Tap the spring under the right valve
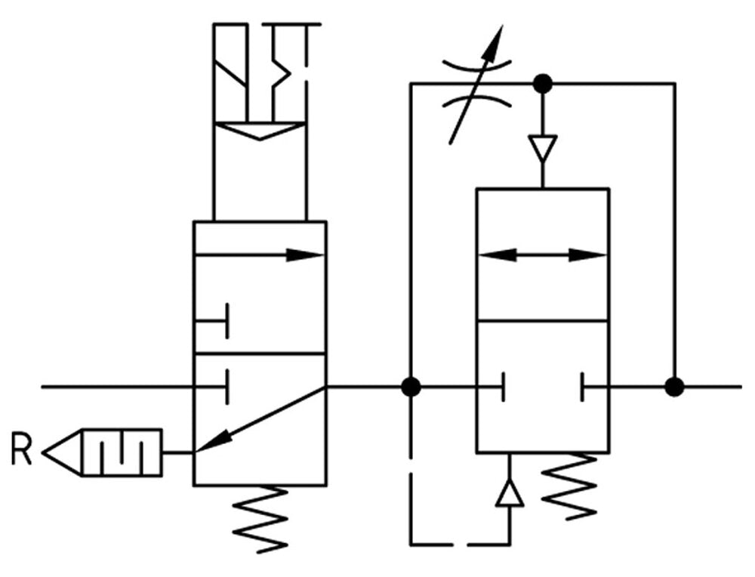coord(571,484)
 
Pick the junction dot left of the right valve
coord(411,387)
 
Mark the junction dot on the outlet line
coord(674,387)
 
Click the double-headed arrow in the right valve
coord(542,255)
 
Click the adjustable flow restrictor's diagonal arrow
coord(476,83)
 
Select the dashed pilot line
coord(411,491)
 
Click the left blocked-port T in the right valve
coord(501,387)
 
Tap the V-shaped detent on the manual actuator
coord(260,131)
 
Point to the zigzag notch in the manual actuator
coord(281,72)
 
